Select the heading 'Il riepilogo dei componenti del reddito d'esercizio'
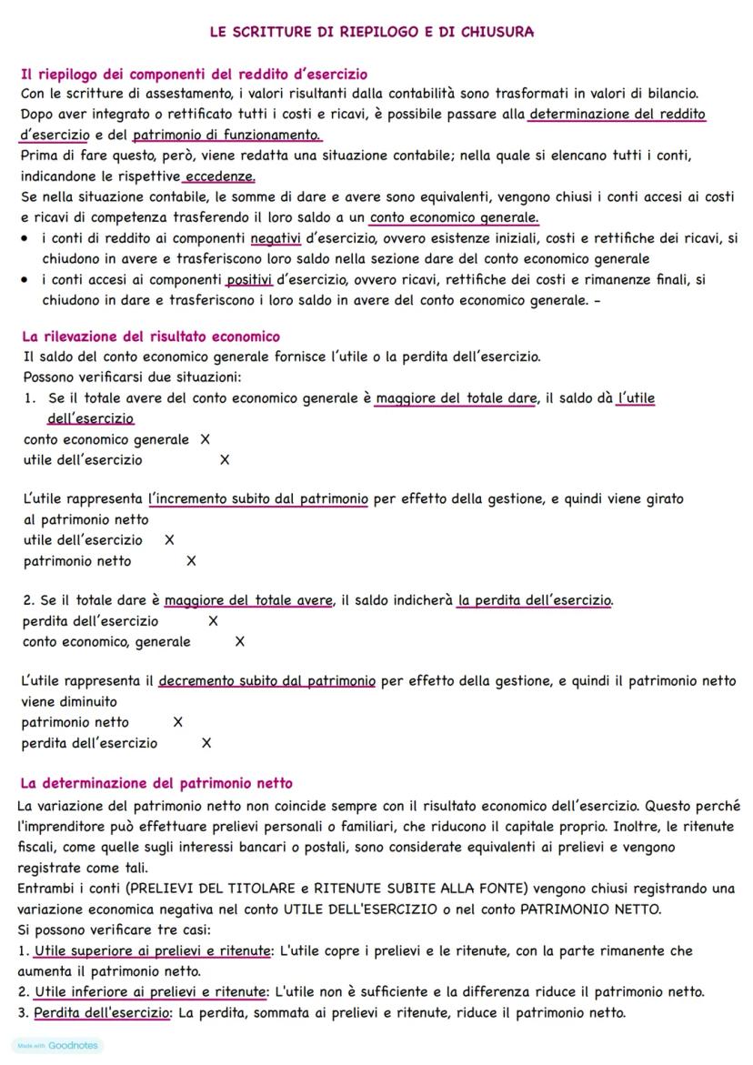point(194,74)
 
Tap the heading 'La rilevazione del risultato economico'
point(150,337)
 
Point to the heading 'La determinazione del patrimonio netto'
point(156,783)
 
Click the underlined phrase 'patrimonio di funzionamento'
point(226,136)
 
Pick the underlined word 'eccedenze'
point(219,176)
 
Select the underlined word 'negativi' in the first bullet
point(276,238)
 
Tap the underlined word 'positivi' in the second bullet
point(250,279)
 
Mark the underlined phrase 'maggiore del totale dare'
point(456,398)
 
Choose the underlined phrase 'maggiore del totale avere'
point(248,601)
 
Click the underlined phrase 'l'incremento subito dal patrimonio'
point(258,499)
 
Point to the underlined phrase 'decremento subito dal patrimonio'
point(266,681)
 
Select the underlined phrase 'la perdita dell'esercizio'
point(535,601)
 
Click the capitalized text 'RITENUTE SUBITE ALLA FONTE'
point(419,889)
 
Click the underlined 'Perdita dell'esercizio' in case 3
point(102,1013)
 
